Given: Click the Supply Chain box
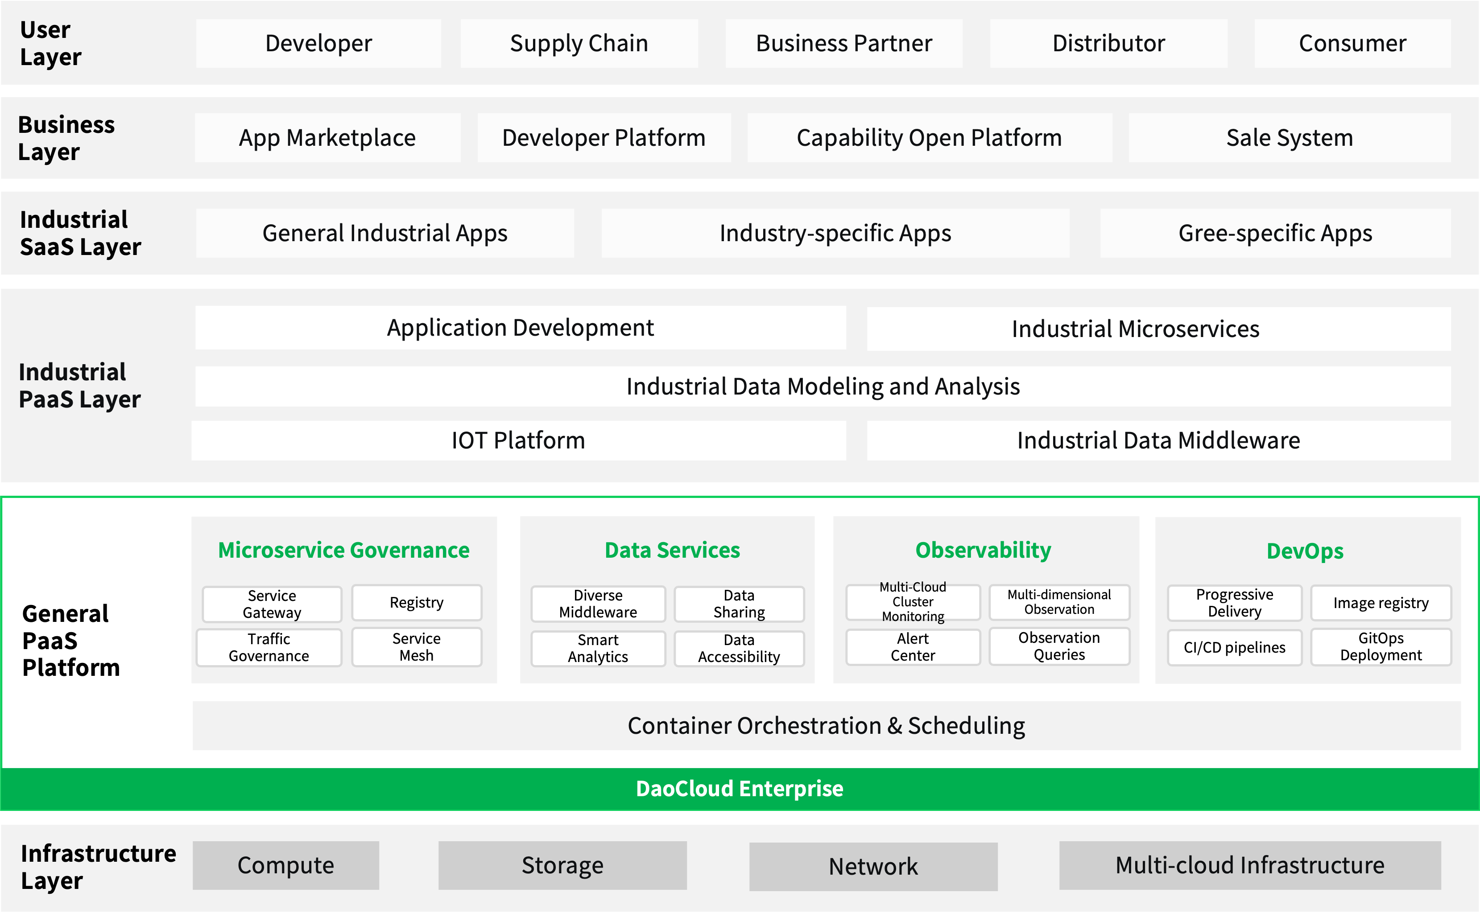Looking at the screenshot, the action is pyautogui.click(x=579, y=44).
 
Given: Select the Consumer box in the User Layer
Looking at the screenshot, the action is pyautogui.click(x=1352, y=44).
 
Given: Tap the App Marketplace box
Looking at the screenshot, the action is pyautogui.click(x=327, y=138).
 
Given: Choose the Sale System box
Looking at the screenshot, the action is pyautogui.click(x=1290, y=138).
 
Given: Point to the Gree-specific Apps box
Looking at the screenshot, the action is pyautogui.click(x=1275, y=233).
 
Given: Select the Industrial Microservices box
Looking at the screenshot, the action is pyautogui.click(x=1159, y=329).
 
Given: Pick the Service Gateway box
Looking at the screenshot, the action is pyautogui.click(x=272, y=604).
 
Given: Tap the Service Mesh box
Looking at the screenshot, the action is pyautogui.click(x=417, y=647).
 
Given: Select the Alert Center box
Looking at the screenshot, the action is pyautogui.click(x=913, y=647).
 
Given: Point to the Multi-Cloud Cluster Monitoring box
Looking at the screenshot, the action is pyautogui.click(x=913, y=602).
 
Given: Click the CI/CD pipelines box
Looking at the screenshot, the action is pyautogui.click(x=1234, y=647).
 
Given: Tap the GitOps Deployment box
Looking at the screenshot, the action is pyautogui.click(x=1381, y=647).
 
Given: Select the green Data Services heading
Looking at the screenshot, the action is pyautogui.click(x=672, y=550).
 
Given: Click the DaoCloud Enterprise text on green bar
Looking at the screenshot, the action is pyautogui.click(x=740, y=789).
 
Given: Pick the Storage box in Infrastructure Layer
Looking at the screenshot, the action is pyautogui.click(x=562, y=865).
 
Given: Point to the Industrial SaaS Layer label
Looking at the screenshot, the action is pyautogui.click(x=80, y=233).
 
